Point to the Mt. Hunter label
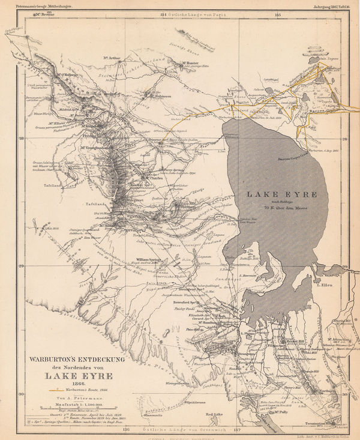188,62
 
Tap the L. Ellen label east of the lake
325,285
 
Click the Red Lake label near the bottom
214,414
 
